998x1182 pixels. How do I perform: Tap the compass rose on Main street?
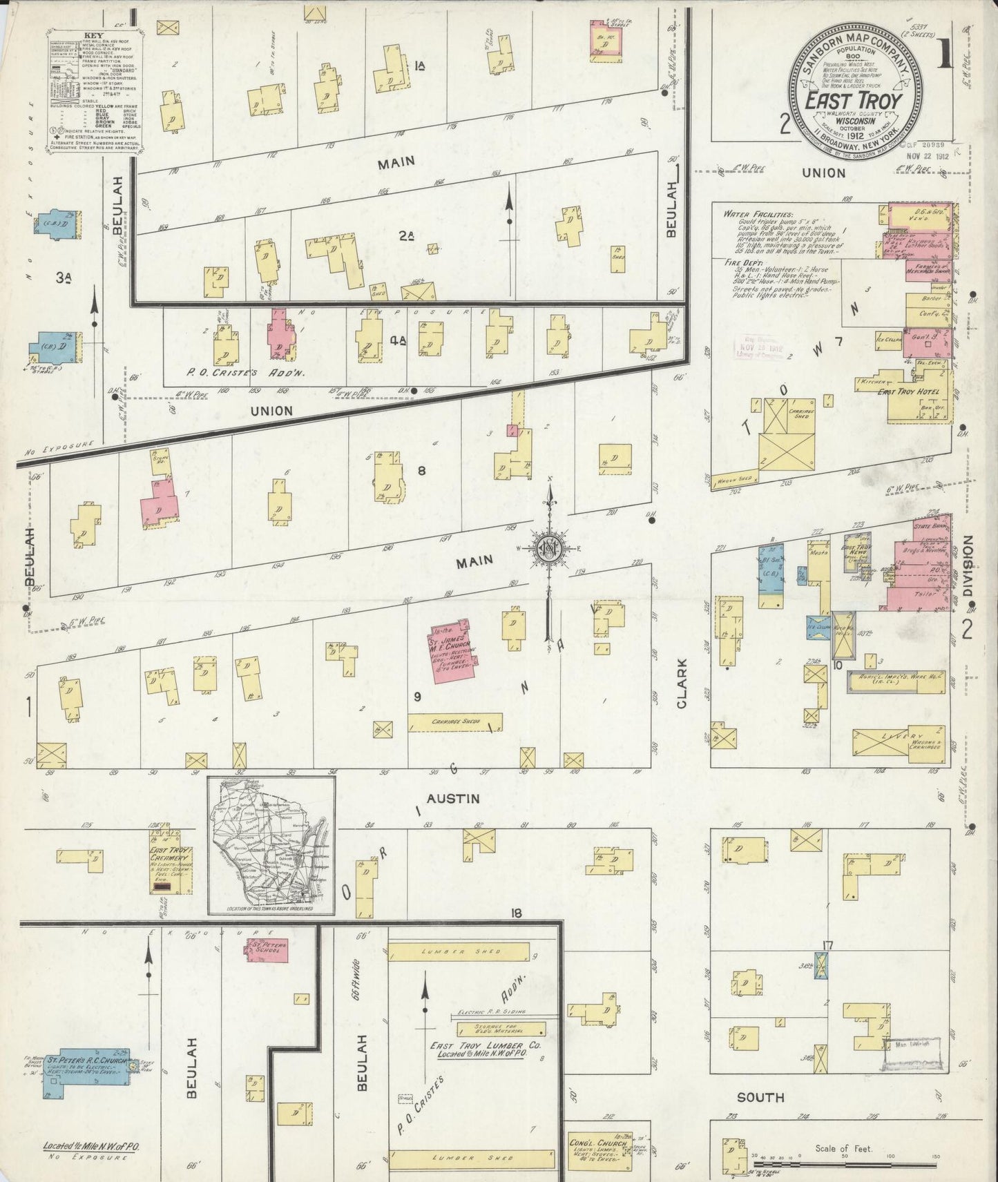550,549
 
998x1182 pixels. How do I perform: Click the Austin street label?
452,799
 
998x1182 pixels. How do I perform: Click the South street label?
760,1098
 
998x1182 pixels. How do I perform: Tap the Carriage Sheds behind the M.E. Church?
455,721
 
